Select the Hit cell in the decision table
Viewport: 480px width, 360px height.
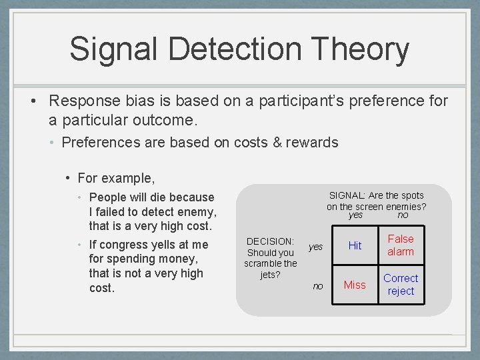pos(355,245)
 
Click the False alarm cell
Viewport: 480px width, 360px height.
pos(401,245)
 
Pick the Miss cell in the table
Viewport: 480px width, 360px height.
pos(355,285)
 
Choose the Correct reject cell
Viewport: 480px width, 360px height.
pos(401,285)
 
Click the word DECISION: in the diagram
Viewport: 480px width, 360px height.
pos(270,241)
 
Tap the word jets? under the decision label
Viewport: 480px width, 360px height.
pos(270,275)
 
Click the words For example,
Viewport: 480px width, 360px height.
pos(116,178)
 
